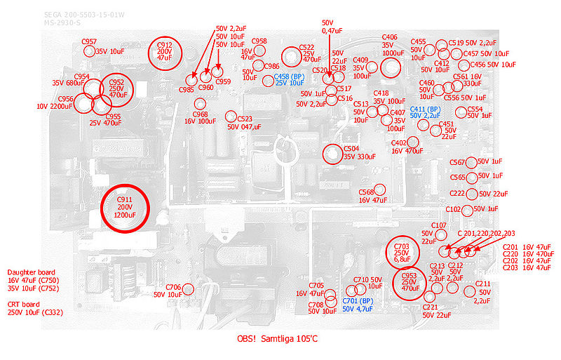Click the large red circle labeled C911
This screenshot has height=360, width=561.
click(125, 208)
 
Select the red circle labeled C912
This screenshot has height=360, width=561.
click(165, 52)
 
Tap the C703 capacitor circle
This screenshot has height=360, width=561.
click(402, 253)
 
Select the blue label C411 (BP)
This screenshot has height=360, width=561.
click(425, 109)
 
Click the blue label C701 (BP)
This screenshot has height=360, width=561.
click(357, 300)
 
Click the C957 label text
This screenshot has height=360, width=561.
click(88, 42)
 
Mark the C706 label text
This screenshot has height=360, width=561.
click(173, 287)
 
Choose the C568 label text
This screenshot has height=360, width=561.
click(366, 192)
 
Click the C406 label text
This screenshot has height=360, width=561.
click(390, 37)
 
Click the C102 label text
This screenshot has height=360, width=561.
click(453, 209)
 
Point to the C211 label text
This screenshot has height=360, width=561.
click(482, 284)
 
